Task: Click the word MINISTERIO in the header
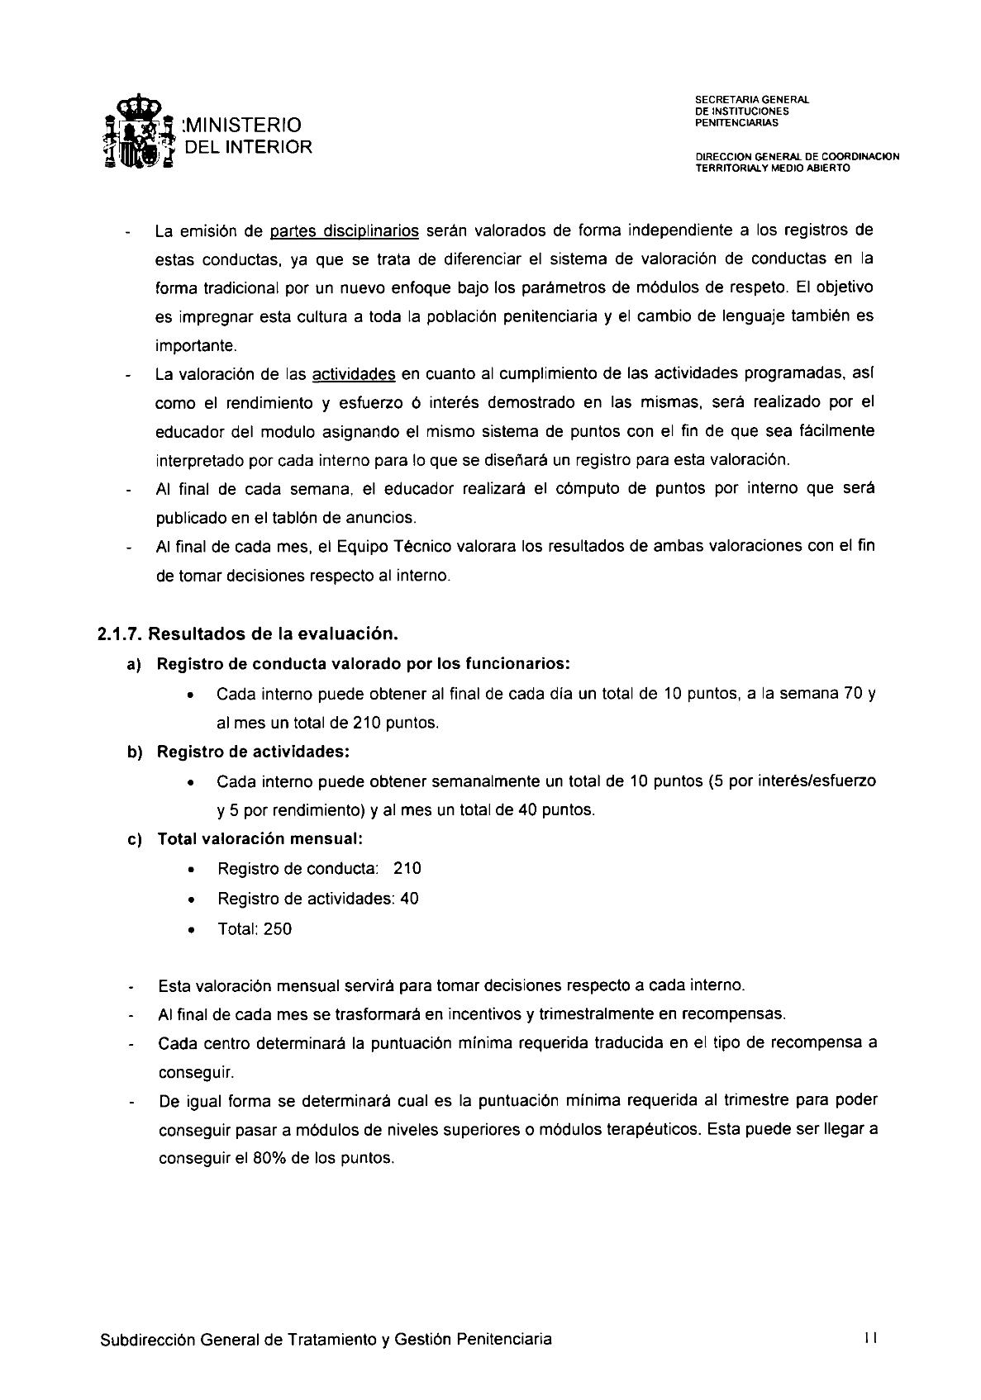pos(245,125)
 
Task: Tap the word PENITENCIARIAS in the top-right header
pos(736,123)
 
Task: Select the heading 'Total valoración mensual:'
pos(260,838)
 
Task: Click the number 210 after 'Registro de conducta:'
pos(407,868)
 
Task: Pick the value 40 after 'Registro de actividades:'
pos(409,899)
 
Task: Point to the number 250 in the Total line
pos(278,929)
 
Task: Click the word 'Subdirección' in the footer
pos(149,1340)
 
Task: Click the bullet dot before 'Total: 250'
pos(192,930)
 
